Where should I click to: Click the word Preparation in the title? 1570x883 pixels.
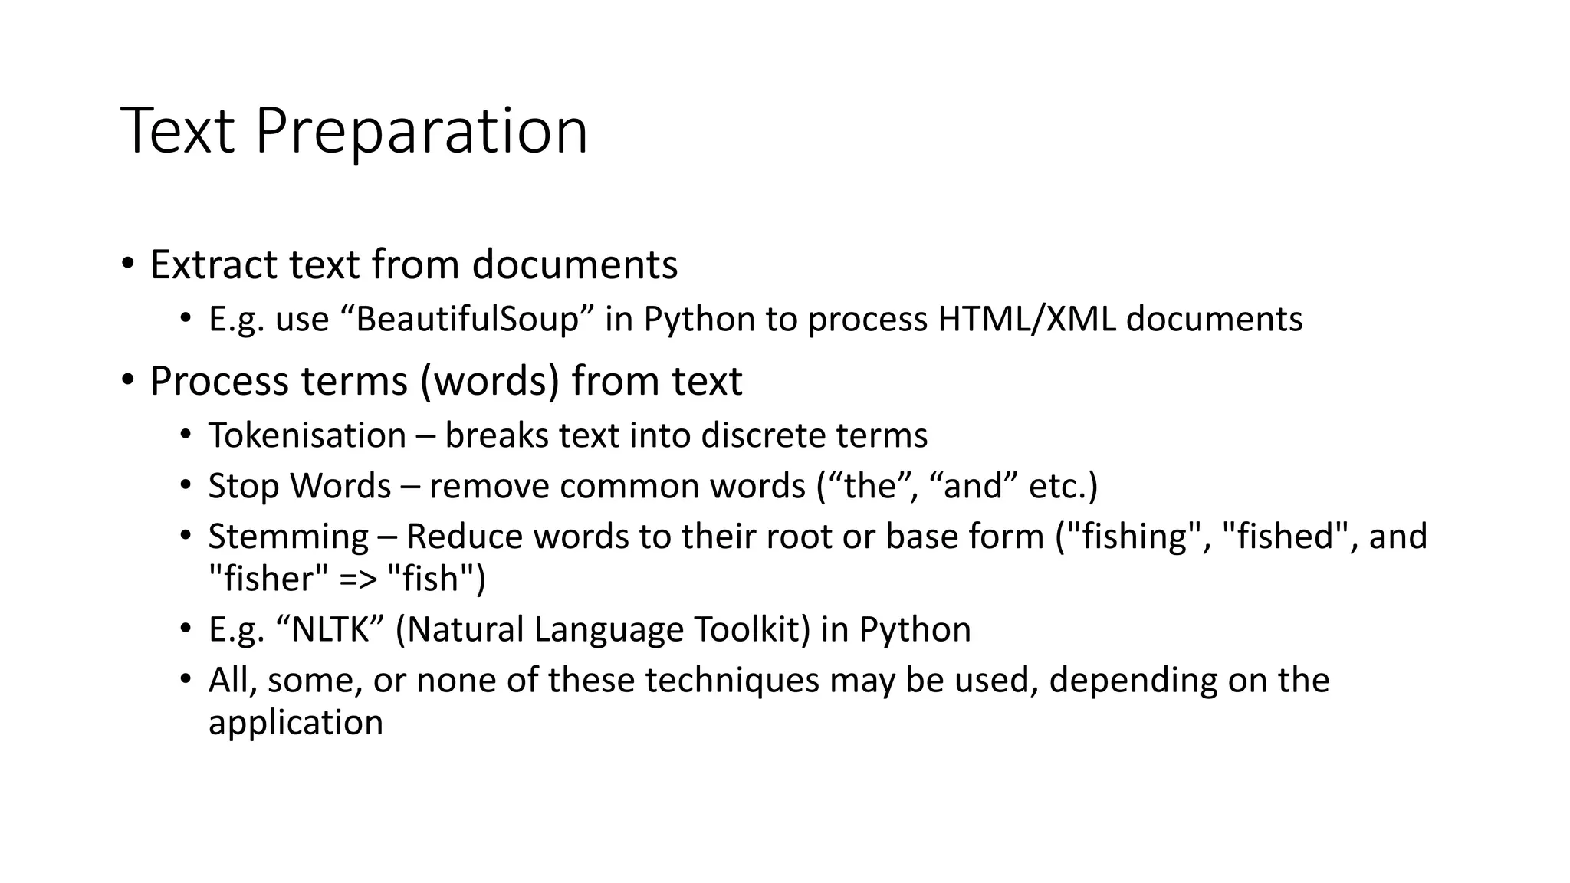[x=421, y=132]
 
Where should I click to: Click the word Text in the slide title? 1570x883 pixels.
[x=177, y=132]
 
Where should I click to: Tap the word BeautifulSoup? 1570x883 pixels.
[x=467, y=319]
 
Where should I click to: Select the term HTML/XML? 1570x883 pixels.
[x=1027, y=319]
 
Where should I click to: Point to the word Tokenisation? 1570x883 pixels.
[x=307, y=435]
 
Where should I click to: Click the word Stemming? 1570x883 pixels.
[x=288, y=537]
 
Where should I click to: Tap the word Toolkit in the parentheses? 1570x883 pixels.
[x=751, y=629]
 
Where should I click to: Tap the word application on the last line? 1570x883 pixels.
[x=295, y=723]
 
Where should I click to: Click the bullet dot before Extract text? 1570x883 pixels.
[x=127, y=264]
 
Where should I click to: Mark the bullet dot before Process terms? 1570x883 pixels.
[x=127, y=380]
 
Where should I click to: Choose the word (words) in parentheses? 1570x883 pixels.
[x=490, y=381]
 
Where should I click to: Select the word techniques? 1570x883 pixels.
[x=732, y=681]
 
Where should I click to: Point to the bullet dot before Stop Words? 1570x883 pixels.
[x=185, y=487]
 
